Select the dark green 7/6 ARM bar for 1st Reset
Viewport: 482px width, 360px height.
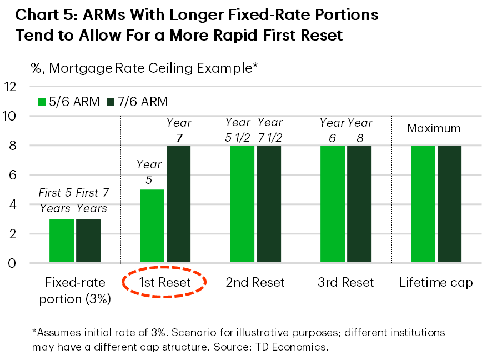coord(178,204)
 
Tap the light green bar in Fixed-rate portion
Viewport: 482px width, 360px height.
coord(62,241)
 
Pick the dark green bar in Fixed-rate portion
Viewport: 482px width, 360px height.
coord(88,241)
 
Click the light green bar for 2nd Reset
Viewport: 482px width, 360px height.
coord(242,204)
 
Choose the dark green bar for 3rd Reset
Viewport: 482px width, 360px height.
coord(359,204)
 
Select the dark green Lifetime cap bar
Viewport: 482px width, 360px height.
coord(449,204)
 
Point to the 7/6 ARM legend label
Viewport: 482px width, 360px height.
coord(144,102)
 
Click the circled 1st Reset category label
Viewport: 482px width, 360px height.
coord(164,282)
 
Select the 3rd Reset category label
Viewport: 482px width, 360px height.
coord(346,282)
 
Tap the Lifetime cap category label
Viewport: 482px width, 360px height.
coord(436,282)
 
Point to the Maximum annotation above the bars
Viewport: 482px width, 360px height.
coord(434,128)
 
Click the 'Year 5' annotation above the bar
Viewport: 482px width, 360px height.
coord(149,172)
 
